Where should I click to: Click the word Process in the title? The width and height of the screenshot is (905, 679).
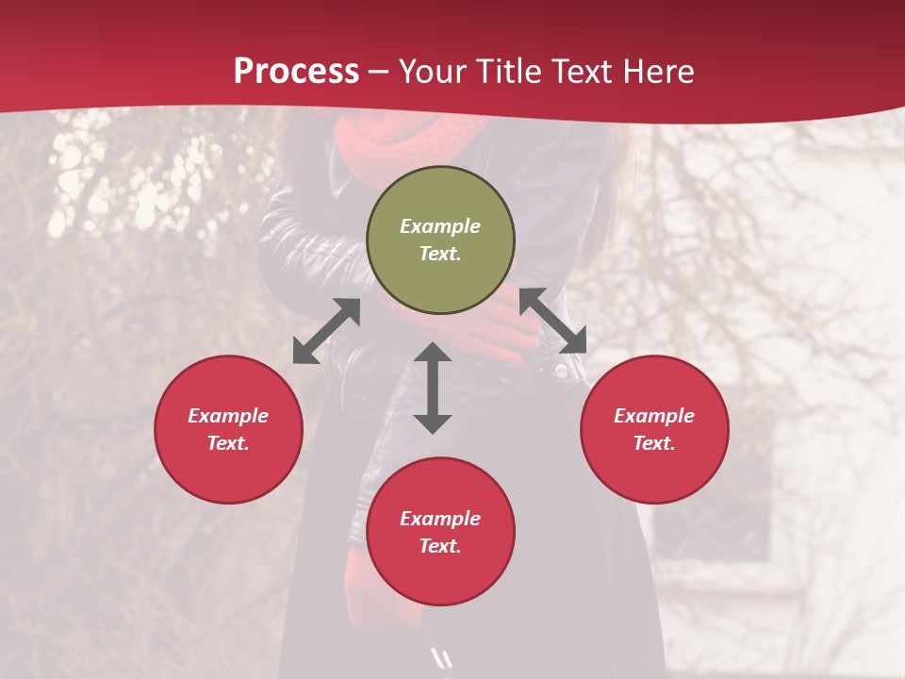click(x=296, y=71)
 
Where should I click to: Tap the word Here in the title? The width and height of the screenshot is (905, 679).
click(x=659, y=71)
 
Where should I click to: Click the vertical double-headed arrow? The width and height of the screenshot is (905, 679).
click(x=433, y=389)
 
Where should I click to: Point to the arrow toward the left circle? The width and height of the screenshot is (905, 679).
click(x=326, y=331)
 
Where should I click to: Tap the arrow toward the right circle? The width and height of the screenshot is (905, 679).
click(x=552, y=321)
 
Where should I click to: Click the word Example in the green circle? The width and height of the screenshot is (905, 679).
click(x=440, y=226)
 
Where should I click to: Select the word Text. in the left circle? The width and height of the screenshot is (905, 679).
click(x=228, y=443)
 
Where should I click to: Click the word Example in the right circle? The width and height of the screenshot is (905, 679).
click(x=654, y=416)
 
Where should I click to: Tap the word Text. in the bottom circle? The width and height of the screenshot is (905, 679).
click(x=440, y=546)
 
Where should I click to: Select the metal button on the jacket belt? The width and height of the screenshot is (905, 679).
click(x=561, y=371)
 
